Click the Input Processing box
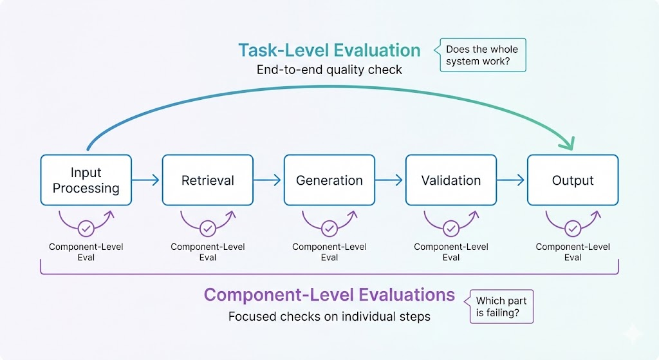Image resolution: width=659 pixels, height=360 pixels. pyautogui.click(x=86, y=180)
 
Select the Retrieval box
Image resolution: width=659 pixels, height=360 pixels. pyautogui.click(x=207, y=180)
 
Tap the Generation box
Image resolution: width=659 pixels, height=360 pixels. pyautogui.click(x=329, y=180)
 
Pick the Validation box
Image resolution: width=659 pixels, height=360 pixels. pyautogui.click(x=450, y=180)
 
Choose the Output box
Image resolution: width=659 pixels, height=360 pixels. pyautogui.click(x=573, y=180)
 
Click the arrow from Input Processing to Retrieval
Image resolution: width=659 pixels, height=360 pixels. pyautogui.click(x=146, y=181)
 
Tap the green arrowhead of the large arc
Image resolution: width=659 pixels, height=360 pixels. pyautogui.click(x=566, y=144)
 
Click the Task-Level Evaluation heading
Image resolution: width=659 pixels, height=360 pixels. pyautogui.click(x=329, y=50)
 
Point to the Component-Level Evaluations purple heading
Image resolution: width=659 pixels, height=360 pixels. pyautogui.click(x=329, y=295)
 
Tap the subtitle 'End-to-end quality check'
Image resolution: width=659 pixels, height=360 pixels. pyautogui.click(x=329, y=70)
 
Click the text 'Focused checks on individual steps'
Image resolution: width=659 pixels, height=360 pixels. pyautogui.click(x=329, y=316)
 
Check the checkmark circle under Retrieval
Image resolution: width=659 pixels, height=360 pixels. pyautogui.click(x=207, y=228)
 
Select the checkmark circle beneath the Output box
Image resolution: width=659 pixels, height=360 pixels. pyautogui.click(x=573, y=228)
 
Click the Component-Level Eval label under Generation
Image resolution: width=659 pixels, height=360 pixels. pyautogui.click(x=329, y=252)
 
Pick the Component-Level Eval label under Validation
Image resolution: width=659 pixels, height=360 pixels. pyautogui.click(x=450, y=252)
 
